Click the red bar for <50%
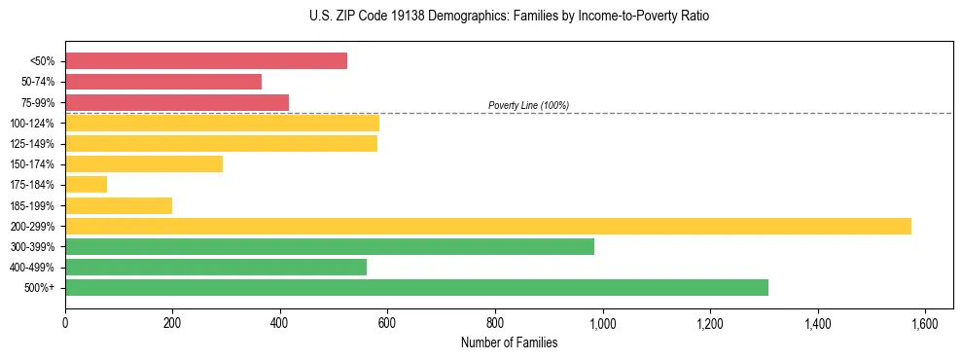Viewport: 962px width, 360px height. point(206,60)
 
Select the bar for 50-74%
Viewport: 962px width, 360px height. point(163,82)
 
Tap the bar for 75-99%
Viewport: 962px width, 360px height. point(177,102)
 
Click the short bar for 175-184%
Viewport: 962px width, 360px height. point(87,184)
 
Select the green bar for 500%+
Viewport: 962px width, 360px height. point(416,287)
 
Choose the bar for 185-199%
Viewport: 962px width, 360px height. point(119,205)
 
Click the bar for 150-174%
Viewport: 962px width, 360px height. point(144,163)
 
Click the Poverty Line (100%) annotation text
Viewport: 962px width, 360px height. point(528,105)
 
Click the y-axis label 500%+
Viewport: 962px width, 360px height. point(39,288)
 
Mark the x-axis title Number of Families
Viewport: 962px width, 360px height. point(509,342)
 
